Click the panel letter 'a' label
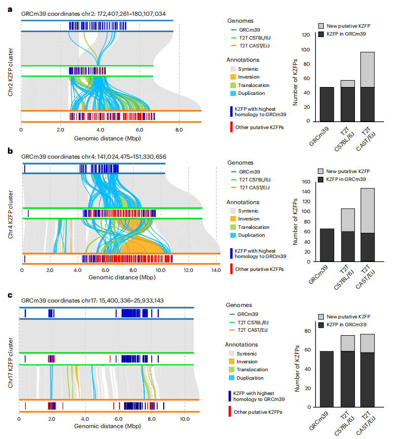(10, 9)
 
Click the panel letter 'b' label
(10, 150)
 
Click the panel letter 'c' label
(10, 295)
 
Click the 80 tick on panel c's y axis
(306, 331)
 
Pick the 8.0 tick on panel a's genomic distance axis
(179, 130)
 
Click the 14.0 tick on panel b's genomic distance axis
(216, 271)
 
